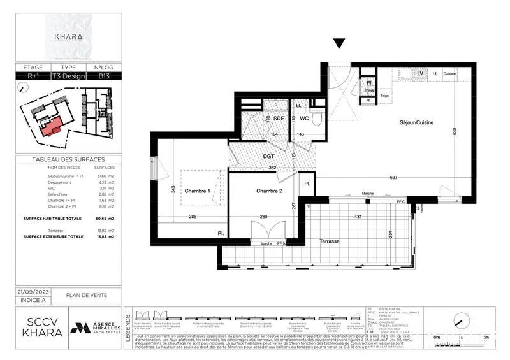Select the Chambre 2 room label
270,191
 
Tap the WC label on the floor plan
304,119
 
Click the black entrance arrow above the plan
340,44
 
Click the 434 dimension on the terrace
358,218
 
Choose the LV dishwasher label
420,74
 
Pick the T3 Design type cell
68,76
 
